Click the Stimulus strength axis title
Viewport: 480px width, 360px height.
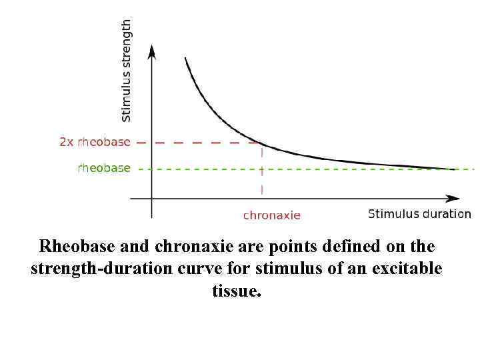[126, 71]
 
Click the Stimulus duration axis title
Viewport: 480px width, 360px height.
[419, 214]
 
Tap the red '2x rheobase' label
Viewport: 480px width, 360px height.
[95, 142]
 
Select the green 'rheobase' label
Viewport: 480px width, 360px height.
[104, 168]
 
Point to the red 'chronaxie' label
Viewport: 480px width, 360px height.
[271, 215]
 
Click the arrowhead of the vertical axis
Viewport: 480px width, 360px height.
[152, 51]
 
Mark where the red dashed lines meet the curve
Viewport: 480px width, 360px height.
[261, 143]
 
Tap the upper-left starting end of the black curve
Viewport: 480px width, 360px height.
[185, 59]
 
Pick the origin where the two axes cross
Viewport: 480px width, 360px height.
[152, 198]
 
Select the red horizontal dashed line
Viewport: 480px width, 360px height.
[200, 143]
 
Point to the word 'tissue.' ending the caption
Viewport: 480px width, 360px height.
[237, 291]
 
